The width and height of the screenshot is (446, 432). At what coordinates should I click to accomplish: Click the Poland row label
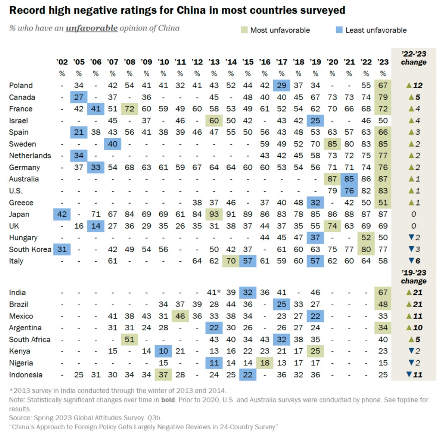[21, 86]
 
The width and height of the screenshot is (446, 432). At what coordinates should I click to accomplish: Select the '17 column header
[282, 62]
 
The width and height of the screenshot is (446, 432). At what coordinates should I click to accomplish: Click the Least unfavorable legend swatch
[339, 30]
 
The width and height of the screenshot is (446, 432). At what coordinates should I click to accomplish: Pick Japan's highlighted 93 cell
[214, 214]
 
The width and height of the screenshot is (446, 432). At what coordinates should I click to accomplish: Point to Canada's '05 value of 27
[79, 97]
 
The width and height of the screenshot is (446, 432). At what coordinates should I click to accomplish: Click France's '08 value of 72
[129, 109]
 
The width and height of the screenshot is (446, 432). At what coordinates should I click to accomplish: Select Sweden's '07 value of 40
[113, 144]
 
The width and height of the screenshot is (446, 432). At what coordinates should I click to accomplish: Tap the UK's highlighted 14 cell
[96, 226]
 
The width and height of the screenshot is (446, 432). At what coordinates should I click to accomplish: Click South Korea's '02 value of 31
[62, 249]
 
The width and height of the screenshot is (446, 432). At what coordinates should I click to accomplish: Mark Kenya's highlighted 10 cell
[163, 351]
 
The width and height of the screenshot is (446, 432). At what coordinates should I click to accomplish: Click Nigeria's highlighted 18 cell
[265, 363]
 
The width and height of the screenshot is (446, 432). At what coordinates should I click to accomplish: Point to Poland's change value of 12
[414, 86]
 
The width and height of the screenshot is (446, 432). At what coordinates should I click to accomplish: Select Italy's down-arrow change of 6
[414, 261]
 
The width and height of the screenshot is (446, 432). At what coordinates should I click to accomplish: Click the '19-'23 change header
[414, 277]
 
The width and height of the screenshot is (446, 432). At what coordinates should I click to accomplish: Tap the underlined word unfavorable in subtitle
[91, 28]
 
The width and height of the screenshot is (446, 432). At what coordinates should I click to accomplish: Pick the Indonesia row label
[26, 375]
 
